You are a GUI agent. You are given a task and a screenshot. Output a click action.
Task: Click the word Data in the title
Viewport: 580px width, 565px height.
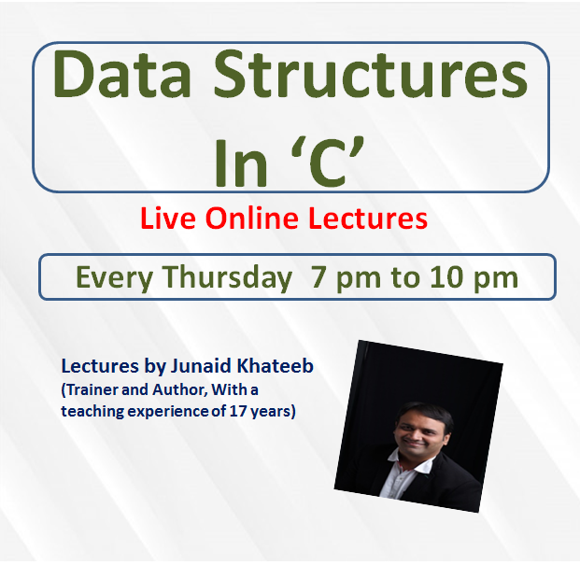[122, 75]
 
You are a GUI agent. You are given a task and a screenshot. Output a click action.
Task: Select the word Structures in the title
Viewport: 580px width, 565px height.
[371, 75]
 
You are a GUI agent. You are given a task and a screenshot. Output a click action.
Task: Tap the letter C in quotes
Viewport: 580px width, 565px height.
[328, 163]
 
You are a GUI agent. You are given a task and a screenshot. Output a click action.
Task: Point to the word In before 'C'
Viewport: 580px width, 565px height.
[241, 163]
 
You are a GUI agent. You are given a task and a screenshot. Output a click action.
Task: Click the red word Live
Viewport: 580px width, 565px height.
[168, 219]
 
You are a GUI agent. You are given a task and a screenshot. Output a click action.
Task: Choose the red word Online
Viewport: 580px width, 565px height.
[252, 219]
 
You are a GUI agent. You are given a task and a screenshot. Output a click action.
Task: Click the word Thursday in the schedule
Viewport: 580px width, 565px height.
[228, 277]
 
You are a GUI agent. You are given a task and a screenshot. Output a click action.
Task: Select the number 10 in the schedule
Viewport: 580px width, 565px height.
[446, 277]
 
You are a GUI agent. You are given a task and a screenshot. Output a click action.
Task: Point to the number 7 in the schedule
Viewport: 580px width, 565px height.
[318, 277]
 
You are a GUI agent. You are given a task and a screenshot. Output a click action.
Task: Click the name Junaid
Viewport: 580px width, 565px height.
[201, 366]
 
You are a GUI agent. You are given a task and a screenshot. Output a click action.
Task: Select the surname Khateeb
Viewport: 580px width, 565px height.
[276, 366]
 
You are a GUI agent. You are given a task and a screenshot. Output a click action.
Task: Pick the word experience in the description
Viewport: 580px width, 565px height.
[169, 412]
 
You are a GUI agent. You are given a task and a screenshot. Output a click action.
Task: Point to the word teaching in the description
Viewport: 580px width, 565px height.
[92, 412]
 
